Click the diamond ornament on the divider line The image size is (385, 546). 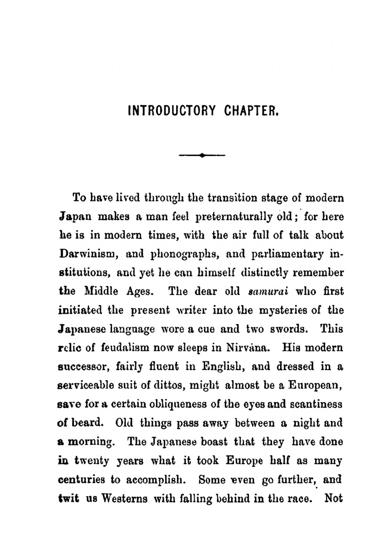(x=202, y=155)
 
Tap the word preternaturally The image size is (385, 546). (x=237, y=217)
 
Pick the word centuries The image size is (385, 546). (x=81, y=480)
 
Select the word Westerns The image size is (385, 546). (x=124, y=499)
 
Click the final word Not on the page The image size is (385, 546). (x=333, y=498)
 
